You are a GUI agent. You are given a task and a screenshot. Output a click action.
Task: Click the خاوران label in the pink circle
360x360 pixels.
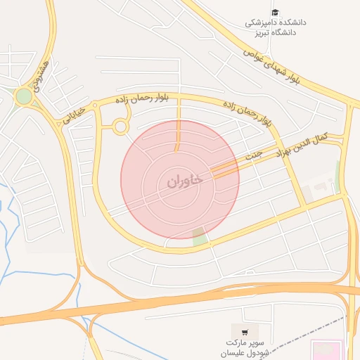[x=185, y=181]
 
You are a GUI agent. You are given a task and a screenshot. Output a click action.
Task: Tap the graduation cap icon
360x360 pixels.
[x=276, y=13]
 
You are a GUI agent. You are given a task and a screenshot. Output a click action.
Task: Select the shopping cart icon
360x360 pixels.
[x=244, y=332]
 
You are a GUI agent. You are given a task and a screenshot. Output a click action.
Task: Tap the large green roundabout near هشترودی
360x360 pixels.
[x=25, y=96]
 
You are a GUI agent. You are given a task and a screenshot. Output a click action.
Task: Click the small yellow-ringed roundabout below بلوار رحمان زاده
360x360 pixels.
[x=120, y=127]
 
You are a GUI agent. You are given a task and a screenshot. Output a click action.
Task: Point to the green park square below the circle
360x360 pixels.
[x=200, y=236]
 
